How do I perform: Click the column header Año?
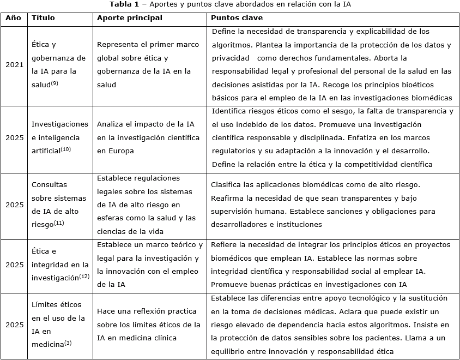coord(14,17)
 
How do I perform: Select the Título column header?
coord(44,17)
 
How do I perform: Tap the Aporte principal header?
coord(129,17)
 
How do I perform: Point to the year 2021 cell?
coord(15,64)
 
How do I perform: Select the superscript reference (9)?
coord(55,82)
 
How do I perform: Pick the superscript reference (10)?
coord(65,149)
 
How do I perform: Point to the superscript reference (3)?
coord(68,342)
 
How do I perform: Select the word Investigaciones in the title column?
coord(59,124)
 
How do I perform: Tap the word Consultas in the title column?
coord(50,185)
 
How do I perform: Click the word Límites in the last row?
coord(44,305)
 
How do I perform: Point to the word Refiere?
coord(224,245)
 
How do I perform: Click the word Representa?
coord(118,45)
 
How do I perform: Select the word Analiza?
coord(112,124)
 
